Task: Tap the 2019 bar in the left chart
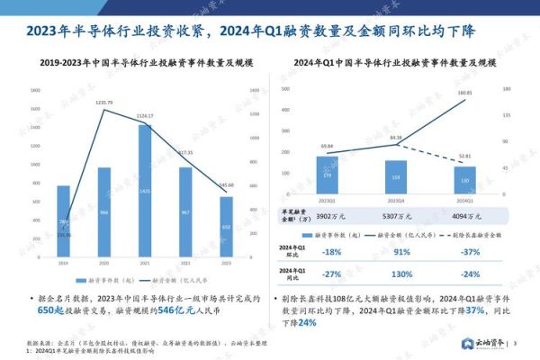pyautogui.click(x=63, y=220)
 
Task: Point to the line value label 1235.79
pyautogui.click(x=104, y=103)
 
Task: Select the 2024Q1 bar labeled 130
pyautogui.click(x=464, y=179)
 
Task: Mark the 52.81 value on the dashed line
pyautogui.click(x=464, y=156)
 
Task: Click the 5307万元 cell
pyautogui.click(x=396, y=217)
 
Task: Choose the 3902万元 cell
pyautogui.click(x=327, y=217)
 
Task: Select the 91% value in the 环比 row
pyautogui.click(x=396, y=252)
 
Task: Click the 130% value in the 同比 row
pyautogui.click(x=396, y=274)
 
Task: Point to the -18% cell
pyautogui.click(x=327, y=252)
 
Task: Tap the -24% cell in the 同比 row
pyautogui.click(x=465, y=274)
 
